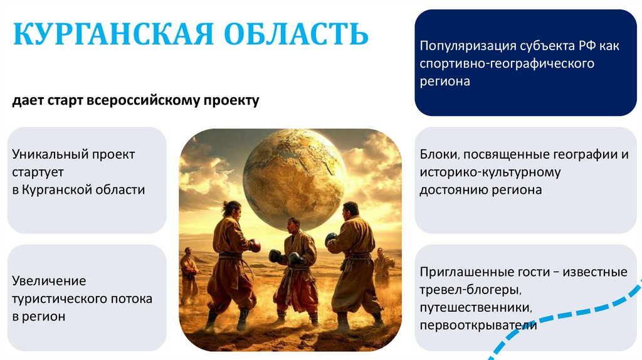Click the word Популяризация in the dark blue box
[468, 46]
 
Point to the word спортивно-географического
[507, 64]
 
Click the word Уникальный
[50, 154]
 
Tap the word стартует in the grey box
[38, 172]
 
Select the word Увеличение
[49, 281]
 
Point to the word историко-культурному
[490, 172]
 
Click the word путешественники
[476, 307]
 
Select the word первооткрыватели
[478, 326]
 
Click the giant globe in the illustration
[294, 179]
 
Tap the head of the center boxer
[293, 225]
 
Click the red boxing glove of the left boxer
[255, 245]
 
